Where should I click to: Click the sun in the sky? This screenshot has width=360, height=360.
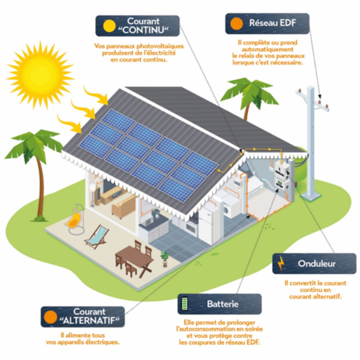(40, 75)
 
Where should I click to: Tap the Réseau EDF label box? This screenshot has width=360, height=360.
(267, 23)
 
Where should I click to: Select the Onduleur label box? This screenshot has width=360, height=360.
(314, 263)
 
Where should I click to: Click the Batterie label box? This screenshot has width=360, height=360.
(219, 304)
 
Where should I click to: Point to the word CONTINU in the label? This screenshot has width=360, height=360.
(143, 30)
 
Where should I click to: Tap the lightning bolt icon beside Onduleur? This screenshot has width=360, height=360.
(281, 263)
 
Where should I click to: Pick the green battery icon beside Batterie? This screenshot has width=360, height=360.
(185, 304)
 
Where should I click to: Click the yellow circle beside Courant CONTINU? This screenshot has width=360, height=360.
(109, 26)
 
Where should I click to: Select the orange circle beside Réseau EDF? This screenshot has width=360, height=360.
(237, 23)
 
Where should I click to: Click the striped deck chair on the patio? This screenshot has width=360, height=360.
(97, 237)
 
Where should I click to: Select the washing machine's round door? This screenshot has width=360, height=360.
(227, 210)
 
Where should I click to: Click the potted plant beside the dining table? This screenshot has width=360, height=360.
(165, 259)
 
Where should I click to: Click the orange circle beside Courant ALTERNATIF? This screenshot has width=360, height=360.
(50, 317)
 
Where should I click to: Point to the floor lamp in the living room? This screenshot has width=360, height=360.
(92, 195)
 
